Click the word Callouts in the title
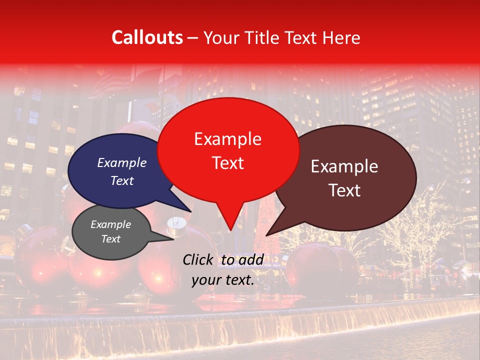[147, 37]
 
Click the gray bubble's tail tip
[173, 239]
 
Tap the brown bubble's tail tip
[266, 235]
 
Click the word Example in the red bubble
[227, 139]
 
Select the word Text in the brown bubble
[344, 190]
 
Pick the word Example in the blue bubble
[122, 162]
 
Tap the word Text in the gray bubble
[111, 239]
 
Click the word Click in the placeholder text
[198, 259]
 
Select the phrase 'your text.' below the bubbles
[223, 280]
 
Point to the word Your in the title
[222, 37]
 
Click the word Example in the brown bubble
[344, 166]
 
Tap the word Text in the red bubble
[227, 163]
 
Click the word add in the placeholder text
[251, 259]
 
